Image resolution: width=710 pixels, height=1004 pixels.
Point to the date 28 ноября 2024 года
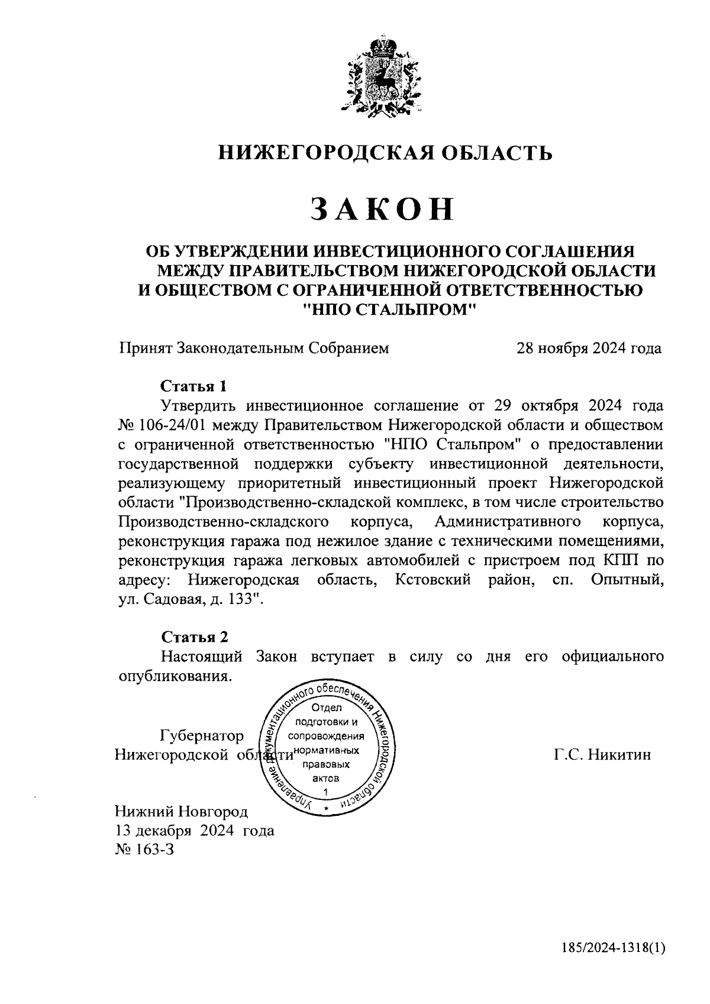coord(589,348)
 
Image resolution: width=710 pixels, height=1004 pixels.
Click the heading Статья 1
coord(194,386)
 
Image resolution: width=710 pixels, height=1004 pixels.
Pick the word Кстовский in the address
coord(433,580)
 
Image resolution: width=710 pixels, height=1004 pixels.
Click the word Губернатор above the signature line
coord(202,735)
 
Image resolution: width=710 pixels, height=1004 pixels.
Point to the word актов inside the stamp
coord(326,778)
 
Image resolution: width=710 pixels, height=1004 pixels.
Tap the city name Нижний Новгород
coord(182,811)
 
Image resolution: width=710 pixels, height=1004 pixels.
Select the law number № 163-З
coord(146,850)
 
